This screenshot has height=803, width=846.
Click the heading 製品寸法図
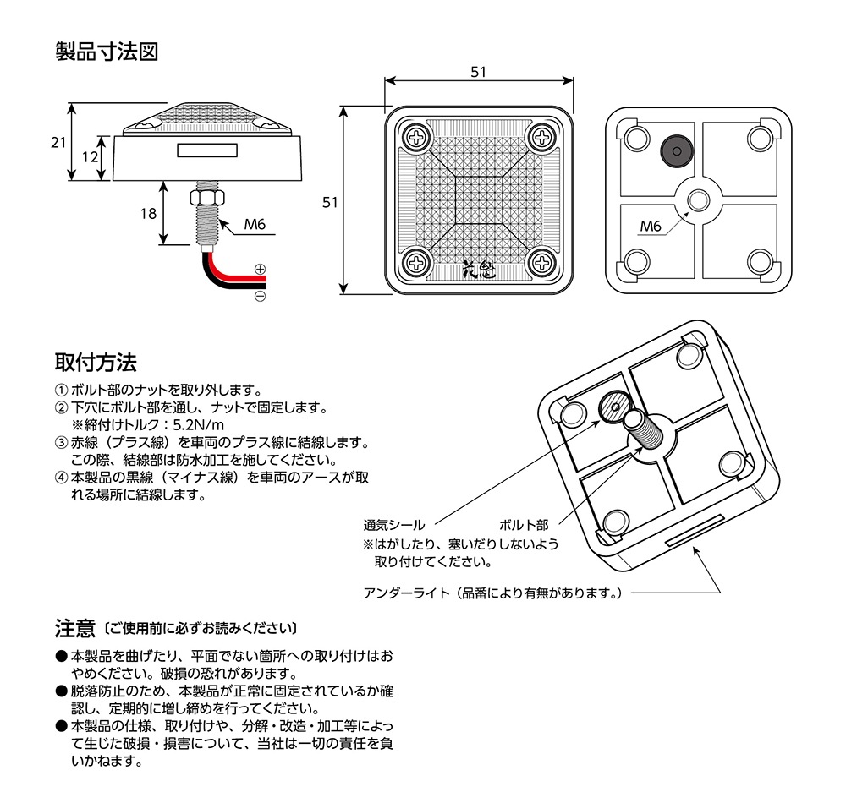click(106, 52)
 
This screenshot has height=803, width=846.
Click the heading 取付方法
click(95, 363)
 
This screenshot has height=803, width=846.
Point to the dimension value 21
click(58, 143)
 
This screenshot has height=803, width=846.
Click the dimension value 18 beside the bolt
click(148, 214)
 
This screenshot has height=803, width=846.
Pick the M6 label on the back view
click(650, 226)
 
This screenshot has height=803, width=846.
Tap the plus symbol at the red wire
click(260, 270)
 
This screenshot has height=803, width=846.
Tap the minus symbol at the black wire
click(260, 297)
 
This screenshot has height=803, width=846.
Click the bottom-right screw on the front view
click(541, 262)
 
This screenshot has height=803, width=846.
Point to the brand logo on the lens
click(480, 270)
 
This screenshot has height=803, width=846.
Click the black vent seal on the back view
click(674, 150)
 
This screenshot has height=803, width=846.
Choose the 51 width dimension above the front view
click(479, 73)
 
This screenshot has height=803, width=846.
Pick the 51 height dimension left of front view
click(330, 202)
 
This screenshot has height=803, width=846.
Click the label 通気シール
click(394, 525)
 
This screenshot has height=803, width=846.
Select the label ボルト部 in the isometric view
click(524, 525)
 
